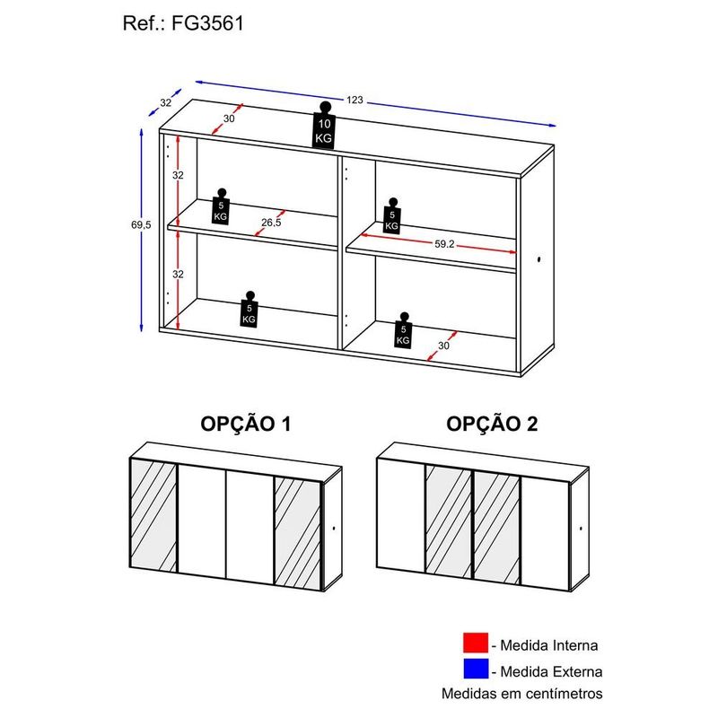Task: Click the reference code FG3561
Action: coord(207,23)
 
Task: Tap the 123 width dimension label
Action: coord(355,100)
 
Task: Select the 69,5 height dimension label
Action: coord(141,225)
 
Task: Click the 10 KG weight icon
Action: coord(324,125)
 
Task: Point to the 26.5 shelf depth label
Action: coord(271,223)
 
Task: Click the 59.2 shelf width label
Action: coord(444,244)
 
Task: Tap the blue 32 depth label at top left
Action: coord(165,102)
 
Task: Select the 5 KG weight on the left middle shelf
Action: coord(221,206)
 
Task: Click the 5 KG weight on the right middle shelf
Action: coord(392,216)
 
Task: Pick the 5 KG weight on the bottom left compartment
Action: coord(249,309)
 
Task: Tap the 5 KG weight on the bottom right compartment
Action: coord(403,330)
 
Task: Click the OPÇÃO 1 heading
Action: coord(246,424)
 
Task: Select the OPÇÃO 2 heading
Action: coord(492,424)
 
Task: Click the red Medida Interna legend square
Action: coord(476,643)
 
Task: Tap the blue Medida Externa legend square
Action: coord(476,669)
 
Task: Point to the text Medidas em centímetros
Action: coord(522,693)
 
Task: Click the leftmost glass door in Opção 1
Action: coord(153,515)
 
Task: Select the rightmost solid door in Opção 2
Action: coord(545,532)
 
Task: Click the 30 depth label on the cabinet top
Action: coord(229,118)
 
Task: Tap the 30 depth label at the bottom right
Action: coord(443,346)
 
